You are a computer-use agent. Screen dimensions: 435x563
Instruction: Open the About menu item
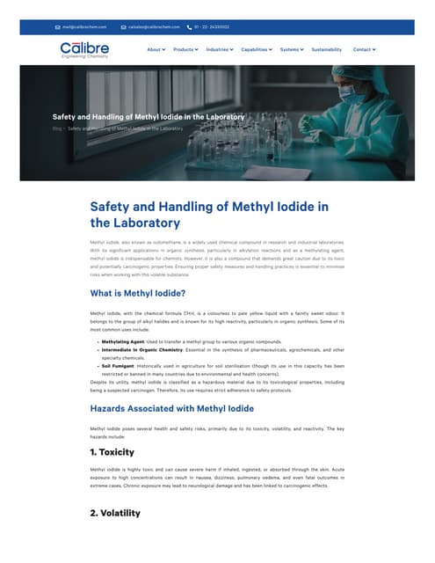[156, 49]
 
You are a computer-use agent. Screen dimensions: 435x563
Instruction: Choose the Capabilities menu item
[256, 49]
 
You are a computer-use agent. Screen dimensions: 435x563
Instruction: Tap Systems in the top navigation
[291, 49]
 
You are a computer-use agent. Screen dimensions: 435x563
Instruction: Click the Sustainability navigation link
[327, 49]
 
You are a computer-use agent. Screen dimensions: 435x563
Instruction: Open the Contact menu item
[363, 49]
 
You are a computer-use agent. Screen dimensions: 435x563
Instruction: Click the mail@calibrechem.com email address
[83, 27]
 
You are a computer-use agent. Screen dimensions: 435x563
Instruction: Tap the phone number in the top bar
[212, 27]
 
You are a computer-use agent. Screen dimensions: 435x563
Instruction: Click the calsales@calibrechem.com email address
[154, 27]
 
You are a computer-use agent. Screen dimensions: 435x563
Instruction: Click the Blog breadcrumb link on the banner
[56, 128]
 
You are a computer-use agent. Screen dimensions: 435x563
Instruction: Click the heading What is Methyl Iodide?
[138, 293]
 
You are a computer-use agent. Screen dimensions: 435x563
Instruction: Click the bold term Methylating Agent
[123, 340]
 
